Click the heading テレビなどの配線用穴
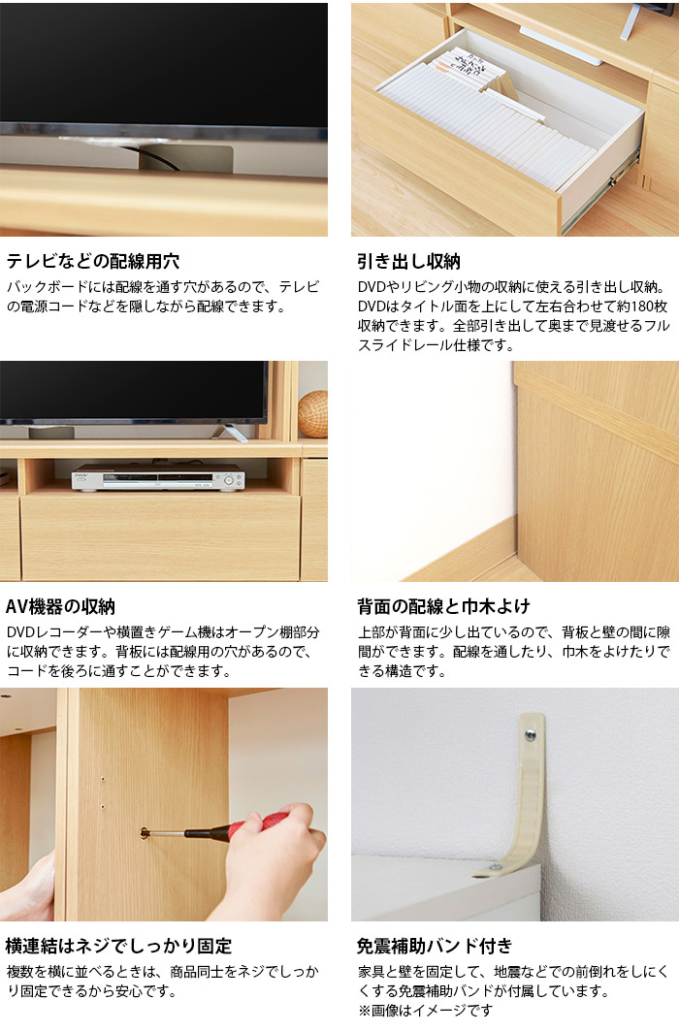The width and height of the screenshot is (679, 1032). (x=93, y=261)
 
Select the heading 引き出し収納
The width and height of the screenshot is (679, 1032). (x=408, y=261)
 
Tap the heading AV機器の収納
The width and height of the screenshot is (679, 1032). (x=60, y=606)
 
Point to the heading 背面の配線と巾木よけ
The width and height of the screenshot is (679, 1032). (x=443, y=606)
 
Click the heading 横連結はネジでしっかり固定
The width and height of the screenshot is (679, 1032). (x=118, y=946)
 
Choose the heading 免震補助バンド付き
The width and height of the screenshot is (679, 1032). (x=435, y=946)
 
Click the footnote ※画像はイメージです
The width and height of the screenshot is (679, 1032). (x=425, y=1011)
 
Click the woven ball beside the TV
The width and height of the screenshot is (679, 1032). (x=312, y=414)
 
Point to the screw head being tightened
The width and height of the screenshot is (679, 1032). (x=145, y=833)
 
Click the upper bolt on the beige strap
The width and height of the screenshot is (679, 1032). (x=530, y=735)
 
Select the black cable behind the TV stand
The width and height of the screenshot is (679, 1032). (x=155, y=159)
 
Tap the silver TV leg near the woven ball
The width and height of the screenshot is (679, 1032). (x=229, y=432)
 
